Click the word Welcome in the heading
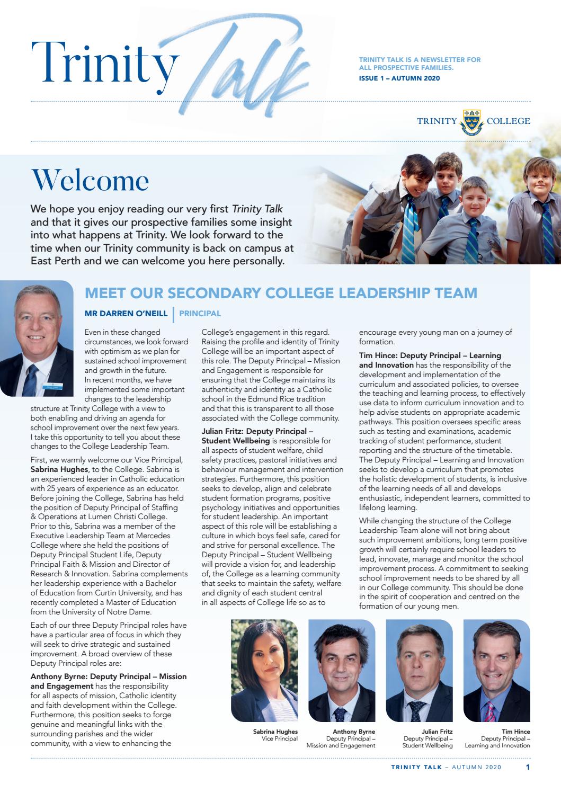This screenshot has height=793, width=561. [x=90, y=181]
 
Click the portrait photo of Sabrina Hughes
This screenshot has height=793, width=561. [x=264, y=671]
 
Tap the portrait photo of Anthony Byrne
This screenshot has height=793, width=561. [x=342, y=671]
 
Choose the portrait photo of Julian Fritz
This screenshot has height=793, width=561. [x=419, y=671]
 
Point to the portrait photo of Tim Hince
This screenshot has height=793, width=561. [x=496, y=671]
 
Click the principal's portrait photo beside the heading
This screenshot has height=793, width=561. [x=37, y=338]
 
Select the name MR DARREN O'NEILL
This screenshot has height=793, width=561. [x=126, y=314]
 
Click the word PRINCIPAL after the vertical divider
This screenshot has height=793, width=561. [x=200, y=314]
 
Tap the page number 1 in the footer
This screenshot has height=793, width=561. [x=528, y=767]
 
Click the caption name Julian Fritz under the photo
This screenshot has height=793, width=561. [x=437, y=732]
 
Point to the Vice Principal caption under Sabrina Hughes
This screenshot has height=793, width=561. [x=280, y=738]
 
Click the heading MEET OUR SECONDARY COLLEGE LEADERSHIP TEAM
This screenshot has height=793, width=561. [x=281, y=293]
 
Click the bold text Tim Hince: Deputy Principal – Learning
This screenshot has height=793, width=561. [x=430, y=355]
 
